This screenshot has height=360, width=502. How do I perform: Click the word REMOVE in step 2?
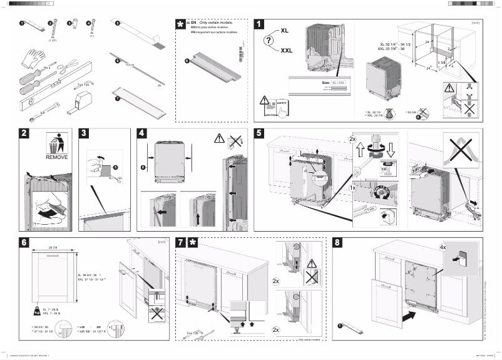pyautogui.click(x=56, y=158)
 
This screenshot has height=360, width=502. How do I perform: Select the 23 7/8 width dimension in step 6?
pyautogui.click(x=53, y=248)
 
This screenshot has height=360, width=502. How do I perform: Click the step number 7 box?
pyautogui.click(x=180, y=242)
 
